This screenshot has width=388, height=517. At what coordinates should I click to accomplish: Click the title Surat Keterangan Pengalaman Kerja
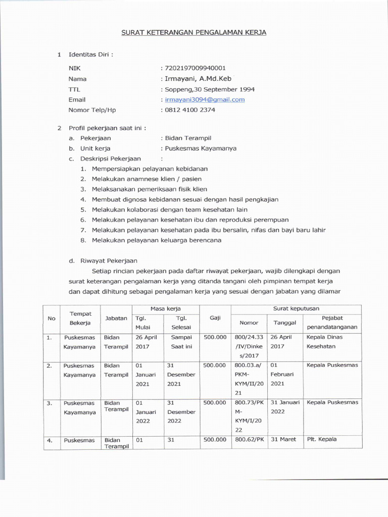[193, 33]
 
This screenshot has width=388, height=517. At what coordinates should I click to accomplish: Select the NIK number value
[195, 68]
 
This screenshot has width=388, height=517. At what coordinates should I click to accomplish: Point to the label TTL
[74, 89]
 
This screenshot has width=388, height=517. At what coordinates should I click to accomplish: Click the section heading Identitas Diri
[91, 55]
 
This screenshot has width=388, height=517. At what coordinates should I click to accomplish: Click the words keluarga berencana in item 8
[196, 240]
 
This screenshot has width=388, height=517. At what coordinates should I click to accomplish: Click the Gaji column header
[215, 318]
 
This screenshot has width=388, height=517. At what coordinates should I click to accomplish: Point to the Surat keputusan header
[296, 308]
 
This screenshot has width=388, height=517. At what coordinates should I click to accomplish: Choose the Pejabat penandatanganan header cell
[332, 322]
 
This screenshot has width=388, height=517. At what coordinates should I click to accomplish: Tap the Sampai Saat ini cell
[182, 342]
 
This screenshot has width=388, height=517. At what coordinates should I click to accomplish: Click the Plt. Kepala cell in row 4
[322, 439]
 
